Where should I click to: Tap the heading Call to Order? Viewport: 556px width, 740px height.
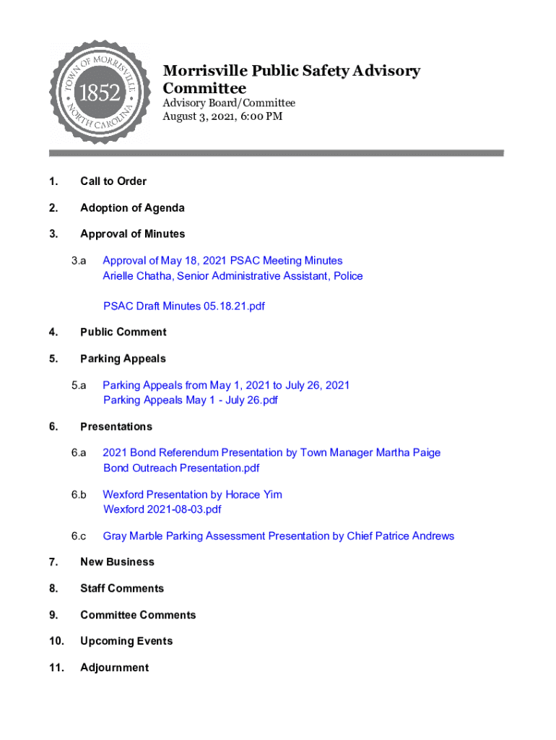tap(113, 181)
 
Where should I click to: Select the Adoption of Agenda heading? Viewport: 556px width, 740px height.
tap(132, 208)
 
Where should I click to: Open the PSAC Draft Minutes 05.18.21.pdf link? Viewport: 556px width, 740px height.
tap(184, 306)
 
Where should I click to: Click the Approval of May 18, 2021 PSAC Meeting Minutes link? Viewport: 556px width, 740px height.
tap(222, 261)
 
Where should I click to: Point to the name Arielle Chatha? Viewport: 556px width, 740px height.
tap(137, 276)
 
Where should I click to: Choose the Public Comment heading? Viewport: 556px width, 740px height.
tap(123, 332)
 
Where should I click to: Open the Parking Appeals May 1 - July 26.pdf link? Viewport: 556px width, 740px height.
tap(191, 400)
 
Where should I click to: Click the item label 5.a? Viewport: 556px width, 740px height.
tap(79, 385)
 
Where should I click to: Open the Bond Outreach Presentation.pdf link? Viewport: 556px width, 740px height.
tap(181, 468)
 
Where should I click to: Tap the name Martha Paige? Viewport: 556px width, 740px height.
tap(409, 453)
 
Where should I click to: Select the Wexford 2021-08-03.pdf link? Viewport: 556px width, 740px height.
tap(162, 509)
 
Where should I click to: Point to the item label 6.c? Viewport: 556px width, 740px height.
tap(79, 536)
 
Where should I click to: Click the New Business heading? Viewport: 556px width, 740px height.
tap(117, 562)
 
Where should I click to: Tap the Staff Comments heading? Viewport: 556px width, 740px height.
tap(122, 589)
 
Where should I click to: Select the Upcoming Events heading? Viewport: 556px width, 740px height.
tap(126, 642)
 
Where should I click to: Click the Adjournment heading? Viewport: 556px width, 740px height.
tap(114, 668)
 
